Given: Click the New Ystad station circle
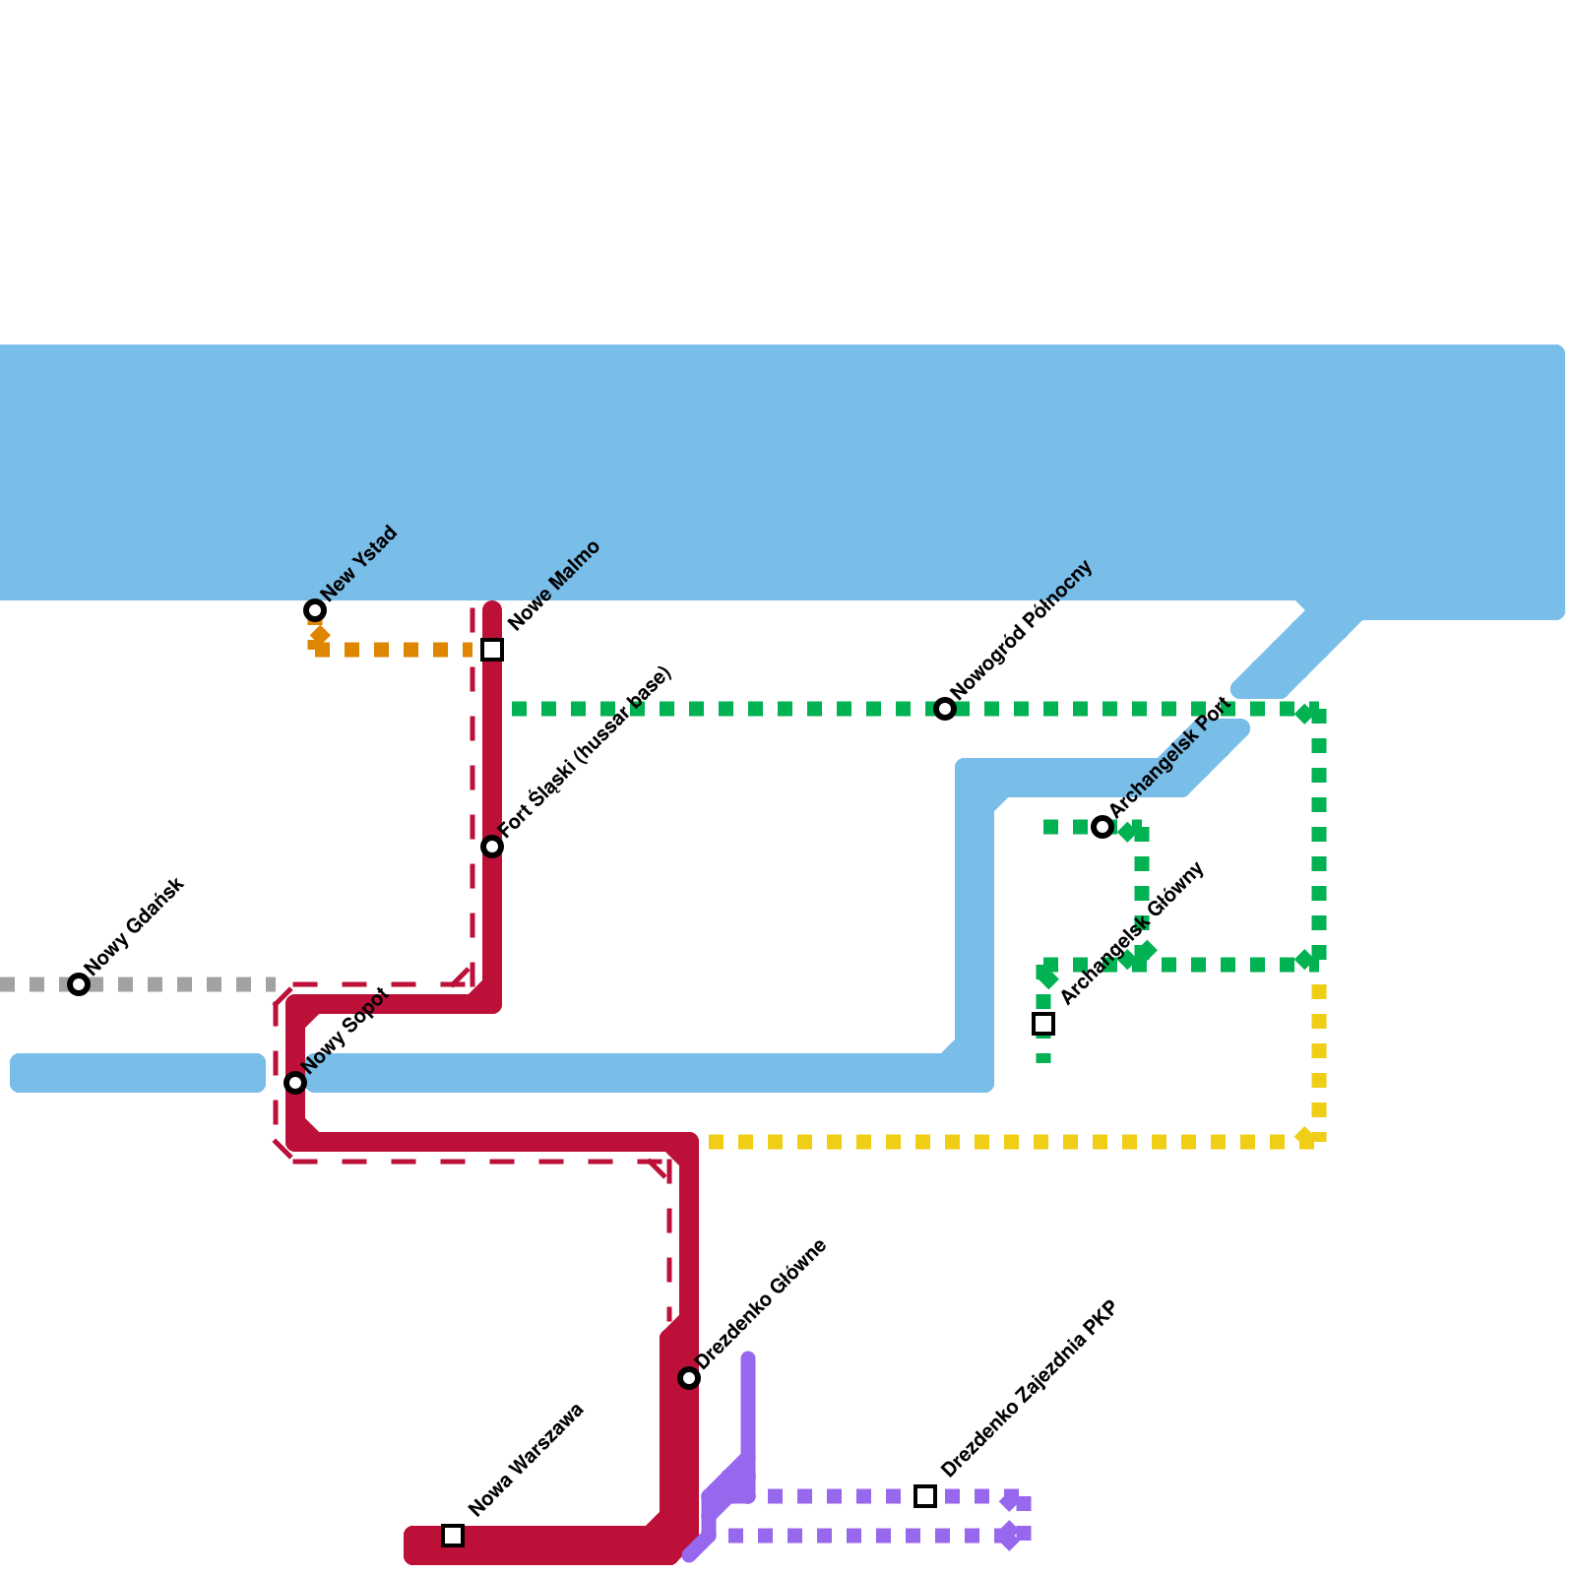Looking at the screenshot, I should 315,610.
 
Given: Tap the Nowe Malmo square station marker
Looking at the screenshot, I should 492,650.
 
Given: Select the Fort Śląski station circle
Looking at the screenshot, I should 492,847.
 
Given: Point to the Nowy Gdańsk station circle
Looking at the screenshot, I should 79,984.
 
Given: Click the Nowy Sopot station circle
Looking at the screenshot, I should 295,1083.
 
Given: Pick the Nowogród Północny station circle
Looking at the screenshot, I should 945,709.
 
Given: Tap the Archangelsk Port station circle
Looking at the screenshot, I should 1102,827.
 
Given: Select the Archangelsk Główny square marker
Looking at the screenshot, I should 1043,1024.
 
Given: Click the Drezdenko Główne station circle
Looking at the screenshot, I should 689,1378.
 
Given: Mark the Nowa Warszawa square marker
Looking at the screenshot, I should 453,1536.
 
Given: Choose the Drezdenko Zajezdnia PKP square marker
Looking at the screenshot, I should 925,1496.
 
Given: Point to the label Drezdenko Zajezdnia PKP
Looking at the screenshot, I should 1029,1389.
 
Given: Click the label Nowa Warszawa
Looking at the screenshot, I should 527,1460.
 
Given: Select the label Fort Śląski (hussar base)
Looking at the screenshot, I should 587,753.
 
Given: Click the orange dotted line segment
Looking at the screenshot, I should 394,650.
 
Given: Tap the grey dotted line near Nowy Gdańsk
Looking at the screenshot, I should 177,984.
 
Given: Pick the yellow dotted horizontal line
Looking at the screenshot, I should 984,1142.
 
